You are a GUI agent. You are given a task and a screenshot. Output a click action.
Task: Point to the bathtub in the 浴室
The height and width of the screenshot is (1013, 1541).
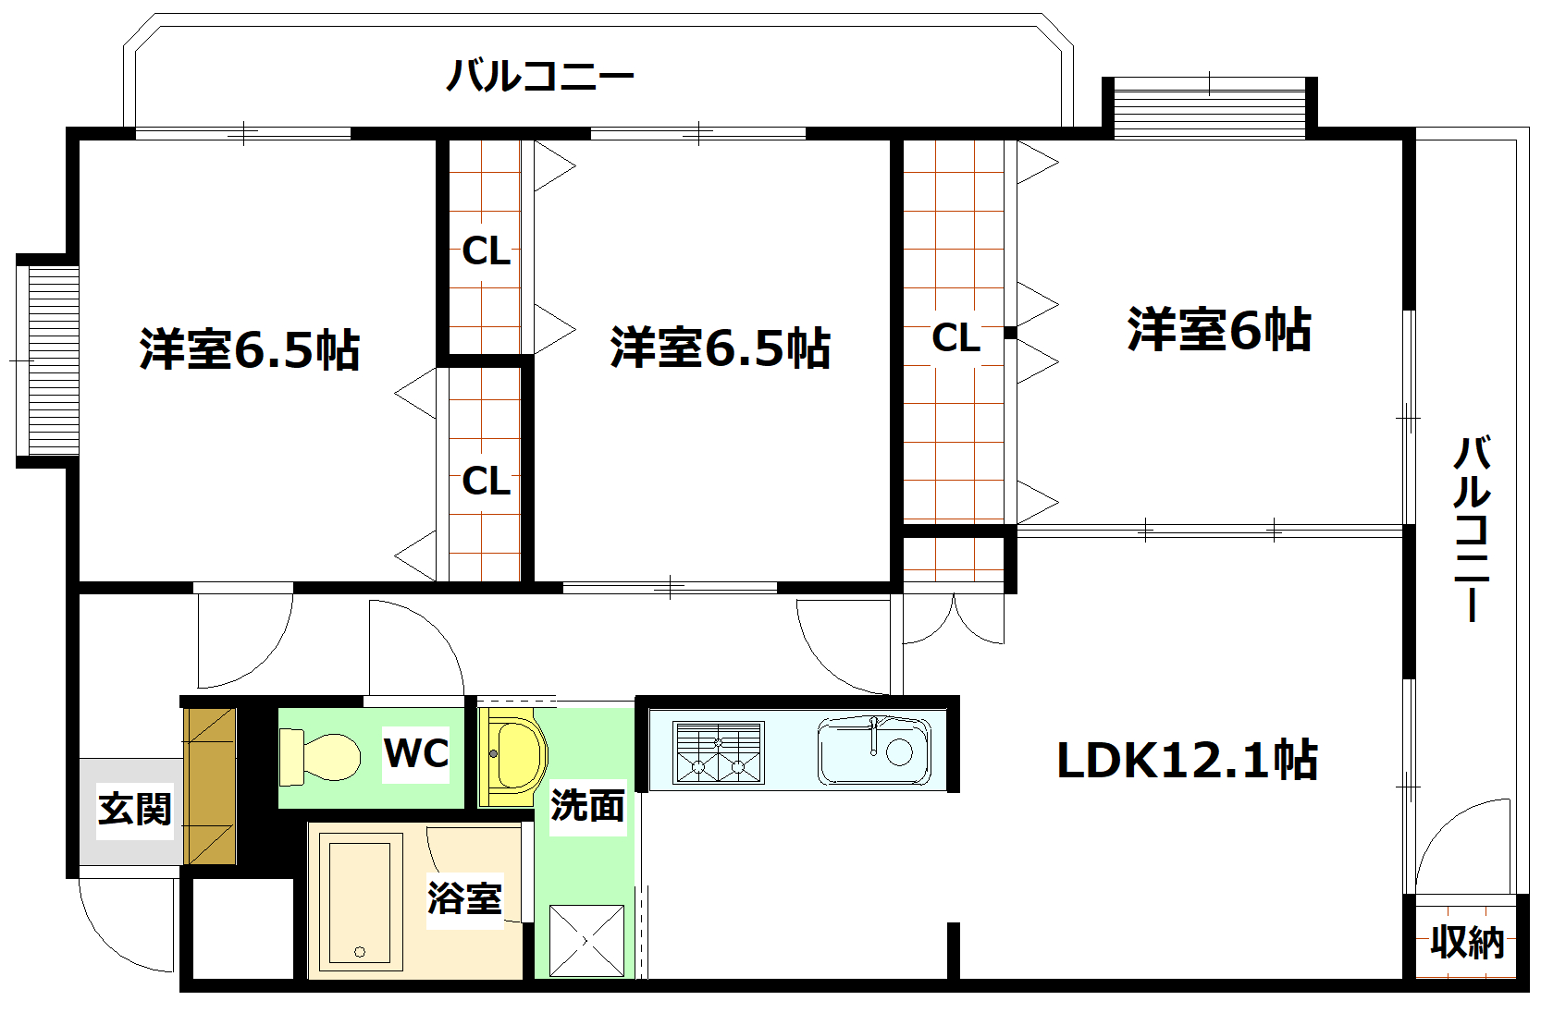(361, 901)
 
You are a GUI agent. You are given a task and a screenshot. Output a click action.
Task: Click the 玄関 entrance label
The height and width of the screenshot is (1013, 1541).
(135, 810)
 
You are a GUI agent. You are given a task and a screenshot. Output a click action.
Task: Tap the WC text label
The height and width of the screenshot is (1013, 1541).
(416, 753)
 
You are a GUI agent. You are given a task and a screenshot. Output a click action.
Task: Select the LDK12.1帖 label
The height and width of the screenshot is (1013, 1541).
(1187, 761)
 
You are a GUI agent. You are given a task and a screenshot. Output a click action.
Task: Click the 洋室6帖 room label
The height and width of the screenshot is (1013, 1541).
(1219, 330)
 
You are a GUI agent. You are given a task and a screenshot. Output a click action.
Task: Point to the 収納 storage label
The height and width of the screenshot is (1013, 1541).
(1467, 943)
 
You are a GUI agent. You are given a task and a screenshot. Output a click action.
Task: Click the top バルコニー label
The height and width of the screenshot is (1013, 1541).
(540, 76)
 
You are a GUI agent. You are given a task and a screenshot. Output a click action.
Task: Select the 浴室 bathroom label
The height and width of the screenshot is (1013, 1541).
(464, 897)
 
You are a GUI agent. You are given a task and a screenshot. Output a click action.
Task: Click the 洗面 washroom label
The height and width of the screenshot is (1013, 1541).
(587, 806)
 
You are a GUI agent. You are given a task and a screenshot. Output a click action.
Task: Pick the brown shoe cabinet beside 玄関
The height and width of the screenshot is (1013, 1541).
(210, 787)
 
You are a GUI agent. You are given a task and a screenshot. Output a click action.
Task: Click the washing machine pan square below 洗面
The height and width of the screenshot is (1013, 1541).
(586, 940)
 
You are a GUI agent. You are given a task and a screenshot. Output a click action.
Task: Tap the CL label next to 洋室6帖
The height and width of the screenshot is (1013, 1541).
(955, 338)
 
